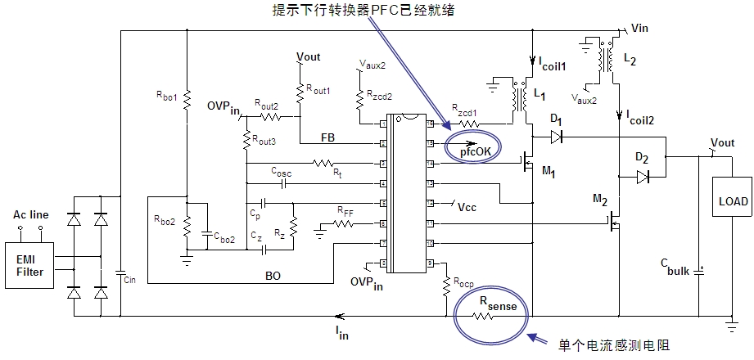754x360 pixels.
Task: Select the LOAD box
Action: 728,200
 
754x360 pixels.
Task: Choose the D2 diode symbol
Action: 642,176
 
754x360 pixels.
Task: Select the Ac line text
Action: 30,215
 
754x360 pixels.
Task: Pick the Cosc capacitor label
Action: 281,172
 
